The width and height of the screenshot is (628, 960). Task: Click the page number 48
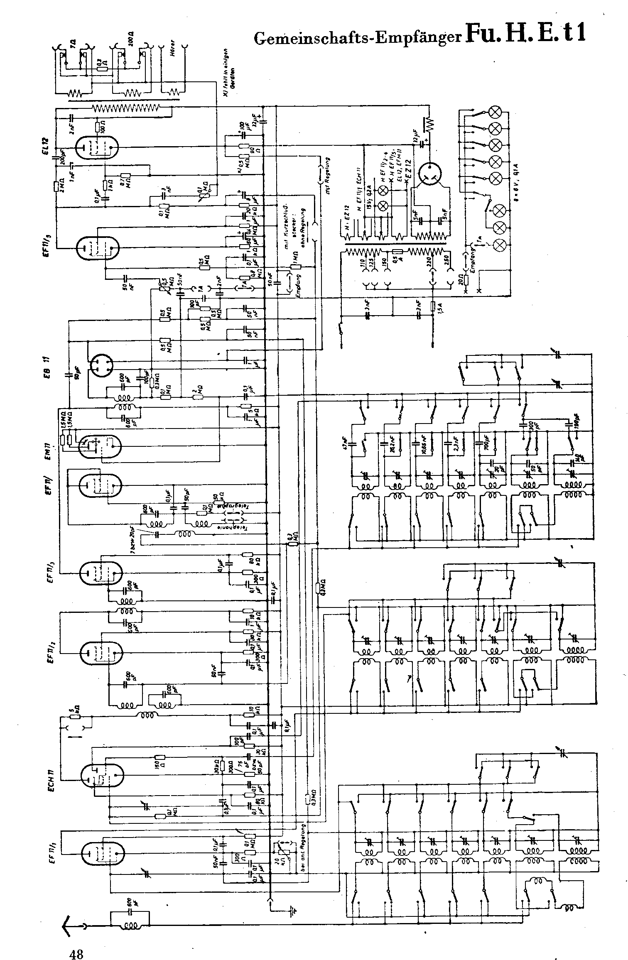pos(76,943)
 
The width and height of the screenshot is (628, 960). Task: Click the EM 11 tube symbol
pos(100,446)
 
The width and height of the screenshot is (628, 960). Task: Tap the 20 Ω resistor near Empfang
pos(466,279)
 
